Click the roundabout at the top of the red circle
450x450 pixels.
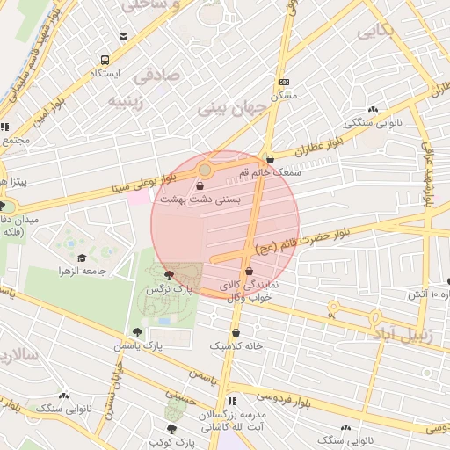tap(205, 169)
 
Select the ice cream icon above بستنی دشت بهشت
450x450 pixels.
tap(201, 186)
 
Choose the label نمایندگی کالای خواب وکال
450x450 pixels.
tap(249, 292)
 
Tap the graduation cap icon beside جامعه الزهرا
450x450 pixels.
tap(83, 258)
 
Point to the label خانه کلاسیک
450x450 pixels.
tap(236, 346)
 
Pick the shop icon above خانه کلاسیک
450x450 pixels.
tap(236, 333)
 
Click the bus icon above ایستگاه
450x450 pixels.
tap(105, 61)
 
